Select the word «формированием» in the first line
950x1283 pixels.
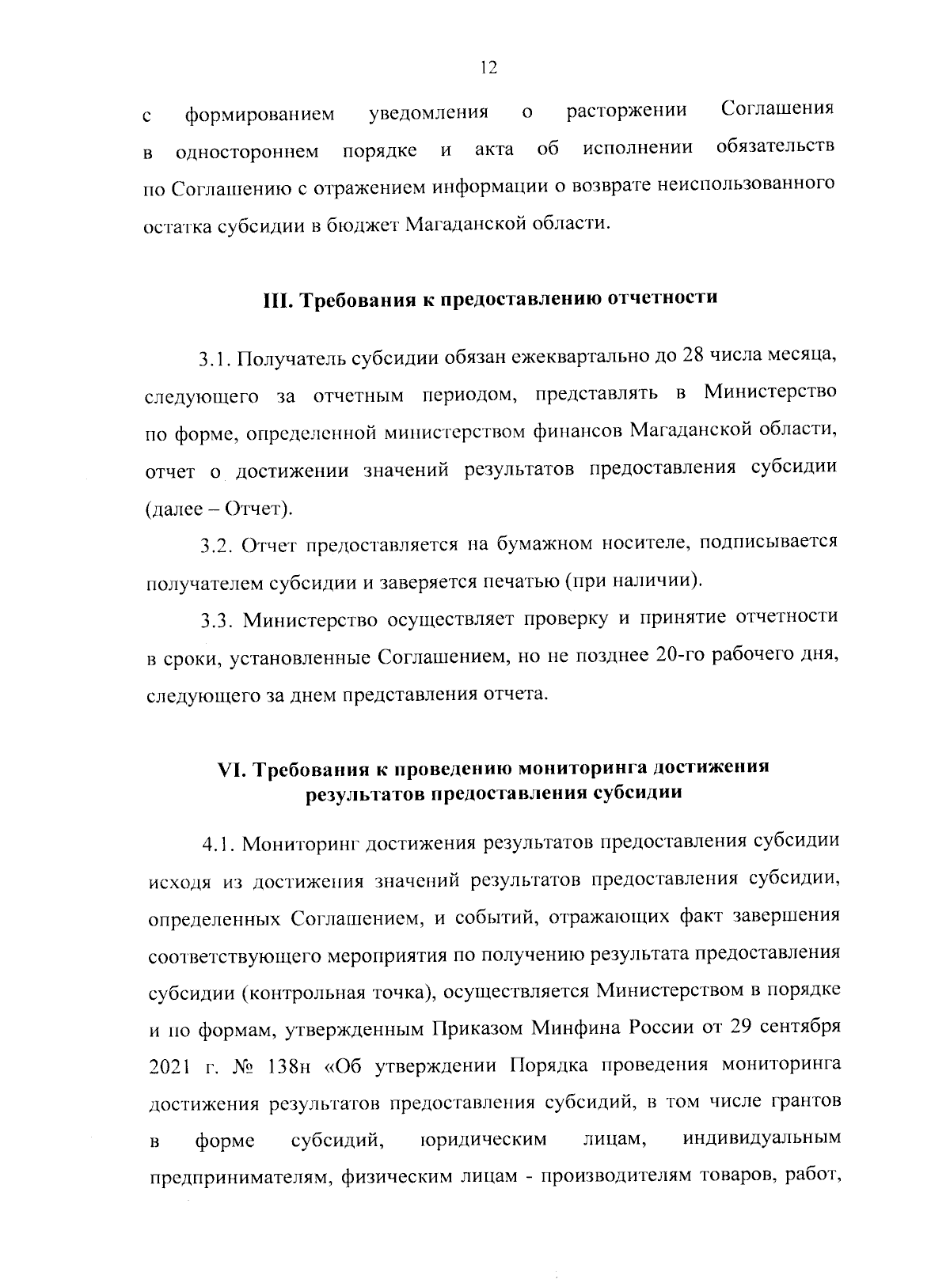pyautogui.click(x=260, y=115)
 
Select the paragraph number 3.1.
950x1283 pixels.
pyautogui.click(x=214, y=360)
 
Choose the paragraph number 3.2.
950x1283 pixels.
pyautogui.click(x=216, y=546)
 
